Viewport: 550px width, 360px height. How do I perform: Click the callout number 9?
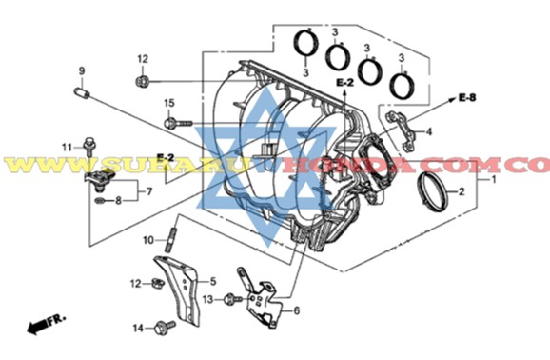(x=82, y=71)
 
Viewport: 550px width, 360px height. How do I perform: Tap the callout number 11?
(x=68, y=146)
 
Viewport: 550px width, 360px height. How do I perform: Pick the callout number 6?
(x=296, y=310)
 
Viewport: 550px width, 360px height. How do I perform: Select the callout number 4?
(x=429, y=131)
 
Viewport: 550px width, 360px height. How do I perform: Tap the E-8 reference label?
(x=465, y=97)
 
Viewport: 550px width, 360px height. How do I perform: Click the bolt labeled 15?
(x=178, y=122)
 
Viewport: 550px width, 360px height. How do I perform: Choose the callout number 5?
(x=213, y=281)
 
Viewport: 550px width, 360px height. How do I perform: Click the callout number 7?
(x=148, y=191)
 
